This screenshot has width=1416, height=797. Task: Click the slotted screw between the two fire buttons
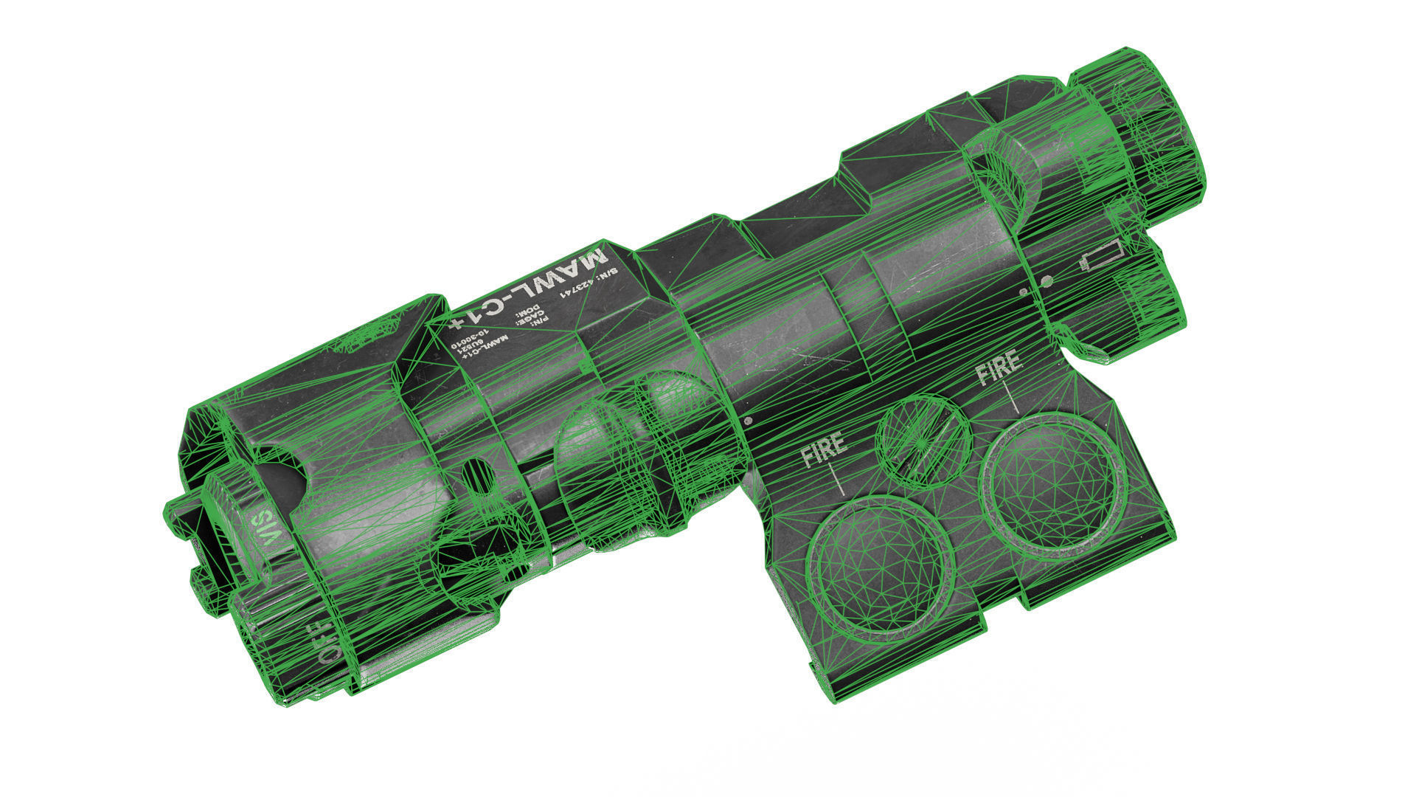pos(923,441)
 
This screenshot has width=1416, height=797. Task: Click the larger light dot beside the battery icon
pos(1046,281)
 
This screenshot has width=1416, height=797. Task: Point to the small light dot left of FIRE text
pos(749,421)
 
